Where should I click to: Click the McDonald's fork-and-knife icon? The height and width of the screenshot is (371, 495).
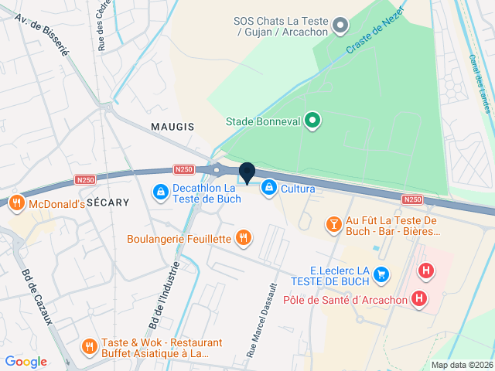tap(16, 205)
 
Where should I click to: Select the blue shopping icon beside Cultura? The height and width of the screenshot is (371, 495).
tap(268, 187)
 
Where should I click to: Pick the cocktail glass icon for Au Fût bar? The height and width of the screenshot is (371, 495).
tap(334, 225)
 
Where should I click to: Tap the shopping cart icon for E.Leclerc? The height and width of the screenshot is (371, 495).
tap(380, 274)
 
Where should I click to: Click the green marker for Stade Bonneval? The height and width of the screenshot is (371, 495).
tap(312, 121)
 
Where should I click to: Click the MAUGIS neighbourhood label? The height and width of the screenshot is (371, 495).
tap(172, 126)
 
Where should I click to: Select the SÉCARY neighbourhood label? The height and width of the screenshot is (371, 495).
tap(108, 200)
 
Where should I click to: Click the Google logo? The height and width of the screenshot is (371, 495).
tap(26, 362)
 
